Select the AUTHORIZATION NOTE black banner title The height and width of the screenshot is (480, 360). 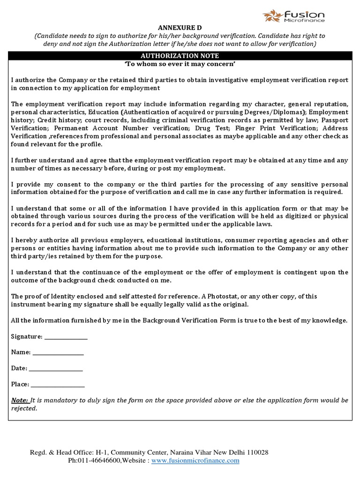180,56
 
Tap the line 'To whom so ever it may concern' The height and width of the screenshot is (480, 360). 180,64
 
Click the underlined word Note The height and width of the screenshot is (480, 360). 20,400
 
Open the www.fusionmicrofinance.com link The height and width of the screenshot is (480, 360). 195,461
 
